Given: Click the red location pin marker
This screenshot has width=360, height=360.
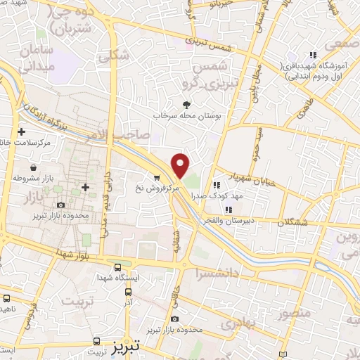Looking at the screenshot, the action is tap(181, 166).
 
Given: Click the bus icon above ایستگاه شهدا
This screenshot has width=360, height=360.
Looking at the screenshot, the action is tap(118, 267).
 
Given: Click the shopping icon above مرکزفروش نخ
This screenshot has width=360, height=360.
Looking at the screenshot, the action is tap(157, 179).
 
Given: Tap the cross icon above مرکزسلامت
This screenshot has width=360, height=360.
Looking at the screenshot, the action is tap(22, 131).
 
